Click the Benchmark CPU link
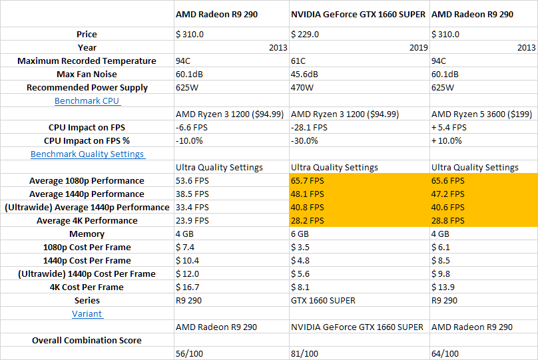(87, 100)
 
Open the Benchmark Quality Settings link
(88, 154)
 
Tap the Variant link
(87, 313)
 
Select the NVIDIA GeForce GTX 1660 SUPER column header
(358, 15)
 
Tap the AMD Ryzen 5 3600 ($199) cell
(481, 114)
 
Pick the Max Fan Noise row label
(87, 74)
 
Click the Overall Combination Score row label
(87, 340)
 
